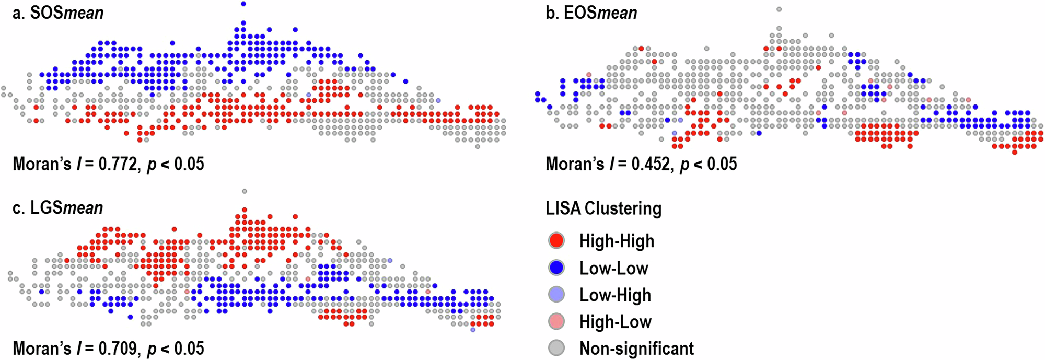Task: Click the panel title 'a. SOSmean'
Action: (58, 13)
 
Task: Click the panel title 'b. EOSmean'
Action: (591, 13)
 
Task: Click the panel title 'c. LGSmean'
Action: (58, 207)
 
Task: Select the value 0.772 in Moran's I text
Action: (118, 164)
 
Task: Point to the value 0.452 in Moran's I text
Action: (651, 164)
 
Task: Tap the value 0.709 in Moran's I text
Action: (118, 348)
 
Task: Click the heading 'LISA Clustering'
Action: (603, 208)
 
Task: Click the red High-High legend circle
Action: (556, 240)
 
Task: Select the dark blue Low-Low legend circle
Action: (556, 268)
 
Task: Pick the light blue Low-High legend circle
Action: (556, 295)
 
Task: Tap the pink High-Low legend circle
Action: (556, 321)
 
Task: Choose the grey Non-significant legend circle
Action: (556, 348)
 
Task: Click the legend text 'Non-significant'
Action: (636, 348)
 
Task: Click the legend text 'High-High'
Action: (617, 241)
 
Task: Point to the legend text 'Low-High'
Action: (615, 295)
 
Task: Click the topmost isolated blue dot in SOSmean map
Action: (243, 4)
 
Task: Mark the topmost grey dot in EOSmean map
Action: (779, 9)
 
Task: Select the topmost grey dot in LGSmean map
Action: (245, 191)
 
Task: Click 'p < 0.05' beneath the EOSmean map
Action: (709, 164)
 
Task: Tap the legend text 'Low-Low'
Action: (613, 268)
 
